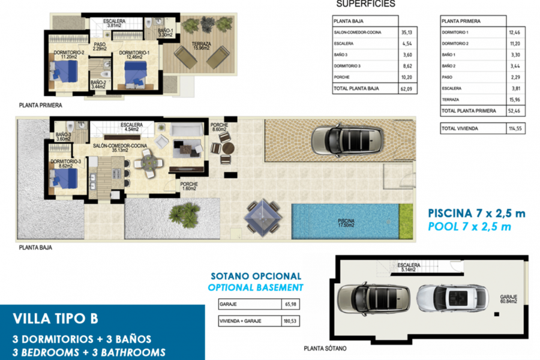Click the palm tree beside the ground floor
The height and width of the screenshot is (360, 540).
pos(185,214)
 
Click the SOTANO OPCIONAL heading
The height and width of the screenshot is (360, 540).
pos(256,277)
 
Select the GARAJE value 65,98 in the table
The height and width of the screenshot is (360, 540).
pos(290,304)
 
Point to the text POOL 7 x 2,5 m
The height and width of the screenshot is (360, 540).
pos(470,226)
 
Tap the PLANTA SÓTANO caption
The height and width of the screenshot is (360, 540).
pos(325,349)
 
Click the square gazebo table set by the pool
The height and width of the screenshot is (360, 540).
pos(262,216)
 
